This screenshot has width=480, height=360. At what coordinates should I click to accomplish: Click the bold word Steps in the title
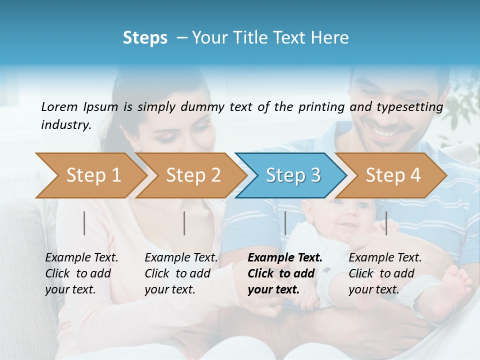tap(145, 38)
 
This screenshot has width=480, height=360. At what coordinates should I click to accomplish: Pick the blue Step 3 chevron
tap(292, 175)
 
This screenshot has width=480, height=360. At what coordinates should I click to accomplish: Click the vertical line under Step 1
tap(84, 223)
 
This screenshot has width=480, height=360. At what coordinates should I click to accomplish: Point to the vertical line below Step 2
tap(184, 223)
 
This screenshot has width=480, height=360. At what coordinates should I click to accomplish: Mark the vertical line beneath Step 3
tap(285, 223)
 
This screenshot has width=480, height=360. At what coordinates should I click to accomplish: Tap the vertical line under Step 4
tap(386, 223)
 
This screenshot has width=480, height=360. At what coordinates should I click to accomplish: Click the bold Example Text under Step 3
tap(285, 258)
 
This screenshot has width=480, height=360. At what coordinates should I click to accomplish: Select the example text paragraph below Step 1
tap(81, 273)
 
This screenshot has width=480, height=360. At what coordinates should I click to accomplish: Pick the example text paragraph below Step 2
tap(181, 273)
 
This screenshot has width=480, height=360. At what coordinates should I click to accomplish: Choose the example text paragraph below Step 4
tap(385, 273)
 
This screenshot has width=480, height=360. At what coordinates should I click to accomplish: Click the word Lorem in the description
tap(59, 106)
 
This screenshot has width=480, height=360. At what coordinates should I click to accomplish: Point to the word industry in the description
tap(65, 125)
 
